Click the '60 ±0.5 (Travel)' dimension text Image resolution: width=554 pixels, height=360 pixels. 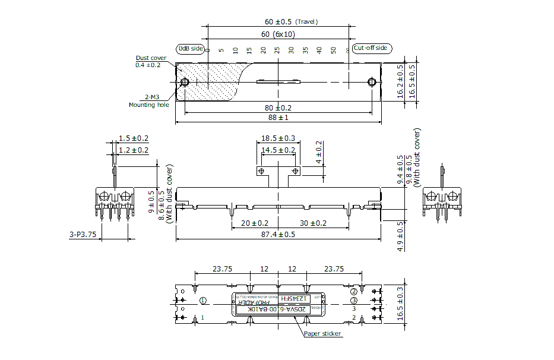click(x=292, y=22)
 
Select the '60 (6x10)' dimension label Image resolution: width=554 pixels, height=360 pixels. click(x=278, y=34)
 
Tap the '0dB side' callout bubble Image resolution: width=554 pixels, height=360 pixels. click(x=191, y=48)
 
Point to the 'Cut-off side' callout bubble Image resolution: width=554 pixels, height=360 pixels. click(x=371, y=48)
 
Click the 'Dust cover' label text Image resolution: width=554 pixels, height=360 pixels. click(x=151, y=58)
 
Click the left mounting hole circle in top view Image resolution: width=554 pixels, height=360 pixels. click(x=185, y=82)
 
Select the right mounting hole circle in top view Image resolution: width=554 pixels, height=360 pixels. click(x=372, y=82)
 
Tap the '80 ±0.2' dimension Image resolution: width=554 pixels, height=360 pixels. click(x=278, y=108)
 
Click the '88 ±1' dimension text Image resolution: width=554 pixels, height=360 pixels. click(x=278, y=118)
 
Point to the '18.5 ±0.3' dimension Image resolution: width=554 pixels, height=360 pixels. click(x=278, y=138)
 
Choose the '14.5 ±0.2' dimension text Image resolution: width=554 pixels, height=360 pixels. click(x=278, y=150)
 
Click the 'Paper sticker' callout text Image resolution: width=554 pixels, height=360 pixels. click(x=322, y=334)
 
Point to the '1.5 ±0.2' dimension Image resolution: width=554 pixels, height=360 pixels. click(x=133, y=138)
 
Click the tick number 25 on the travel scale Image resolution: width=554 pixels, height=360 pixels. click(x=277, y=51)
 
